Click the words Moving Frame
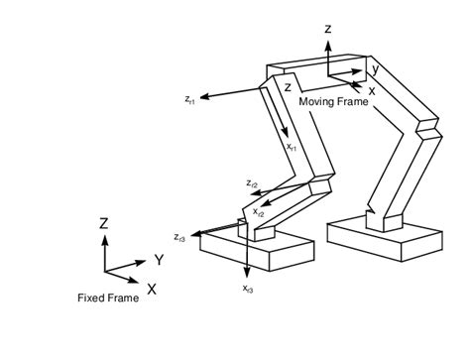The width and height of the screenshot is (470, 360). pyautogui.click(x=331, y=103)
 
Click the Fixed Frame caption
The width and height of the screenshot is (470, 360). pyautogui.click(x=108, y=299)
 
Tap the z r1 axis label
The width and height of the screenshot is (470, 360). pyautogui.click(x=190, y=98)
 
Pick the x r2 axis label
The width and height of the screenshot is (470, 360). pyautogui.click(x=259, y=211)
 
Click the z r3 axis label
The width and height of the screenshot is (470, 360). pyautogui.click(x=179, y=237)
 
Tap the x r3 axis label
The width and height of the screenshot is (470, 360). pyautogui.click(x=247, y=288)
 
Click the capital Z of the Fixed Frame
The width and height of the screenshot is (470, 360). pyautogui.click(x=103, y=224)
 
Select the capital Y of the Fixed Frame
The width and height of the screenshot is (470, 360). pyautogui.click(x=158, y=261)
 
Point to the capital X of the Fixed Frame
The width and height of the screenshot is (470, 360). pyautogui.click(x=151, y=289)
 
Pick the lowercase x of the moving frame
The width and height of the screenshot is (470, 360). pyautogui.click(x=372, y=90)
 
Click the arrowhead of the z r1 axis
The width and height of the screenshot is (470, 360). pyautogui.click(x=206, y=97)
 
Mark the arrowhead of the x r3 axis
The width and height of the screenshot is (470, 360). pyautogui.click(x=246, y=275)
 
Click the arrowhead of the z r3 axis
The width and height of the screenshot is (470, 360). pyautogui.click(x=196, y=235)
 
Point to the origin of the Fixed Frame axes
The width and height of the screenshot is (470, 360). pyautogui.click(x=104, y=272)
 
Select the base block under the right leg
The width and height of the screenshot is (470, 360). pyautogui.click(x=384, y=238)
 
